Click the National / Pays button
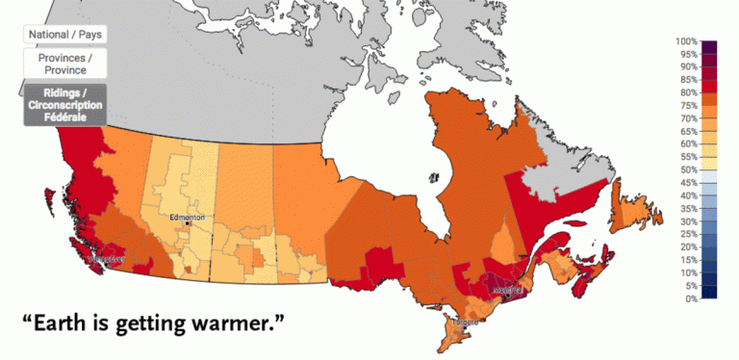(64, 34)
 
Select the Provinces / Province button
(64, 64)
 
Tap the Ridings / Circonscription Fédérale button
(64, 104)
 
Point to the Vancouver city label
(105, 259)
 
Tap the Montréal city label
(506, 288)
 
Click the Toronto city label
(467, 322)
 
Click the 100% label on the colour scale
(687, 41)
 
